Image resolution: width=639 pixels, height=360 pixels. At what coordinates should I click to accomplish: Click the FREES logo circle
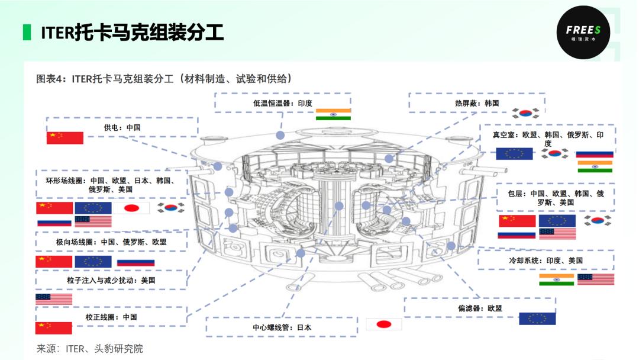(583, 32)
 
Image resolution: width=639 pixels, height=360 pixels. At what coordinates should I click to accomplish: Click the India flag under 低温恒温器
(333, 114)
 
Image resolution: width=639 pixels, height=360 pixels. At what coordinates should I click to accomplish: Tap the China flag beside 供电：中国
(65, 138)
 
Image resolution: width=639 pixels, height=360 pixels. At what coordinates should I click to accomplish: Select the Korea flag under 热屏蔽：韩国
(525, 113)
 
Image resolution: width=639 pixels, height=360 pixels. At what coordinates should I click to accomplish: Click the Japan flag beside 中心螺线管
(384, 324)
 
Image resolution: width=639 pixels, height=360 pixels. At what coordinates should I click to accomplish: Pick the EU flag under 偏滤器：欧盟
(537, 319)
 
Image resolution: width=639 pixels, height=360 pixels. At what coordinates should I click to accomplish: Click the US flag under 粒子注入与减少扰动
(54, 299)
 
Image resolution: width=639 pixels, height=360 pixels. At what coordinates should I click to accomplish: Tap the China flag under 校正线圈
(53, 328)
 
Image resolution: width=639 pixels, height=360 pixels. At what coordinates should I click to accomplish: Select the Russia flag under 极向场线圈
(135, 262)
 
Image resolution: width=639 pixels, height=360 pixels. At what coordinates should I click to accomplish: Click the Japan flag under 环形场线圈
(131, 208)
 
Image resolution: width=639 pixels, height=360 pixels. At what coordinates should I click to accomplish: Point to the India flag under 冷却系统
(556, 279)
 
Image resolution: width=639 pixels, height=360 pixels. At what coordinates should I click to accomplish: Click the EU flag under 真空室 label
(514, 154)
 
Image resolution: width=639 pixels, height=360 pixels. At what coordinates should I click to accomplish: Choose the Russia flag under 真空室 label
(595, 154)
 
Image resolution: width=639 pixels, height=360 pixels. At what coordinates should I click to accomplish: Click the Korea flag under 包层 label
(598, 221)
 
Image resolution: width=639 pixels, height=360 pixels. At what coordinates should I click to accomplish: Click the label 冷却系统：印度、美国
(546, 261)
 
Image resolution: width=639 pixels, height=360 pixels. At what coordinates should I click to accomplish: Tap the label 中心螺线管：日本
(282, 327)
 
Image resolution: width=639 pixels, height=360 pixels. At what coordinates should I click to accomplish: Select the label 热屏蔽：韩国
(477, 103)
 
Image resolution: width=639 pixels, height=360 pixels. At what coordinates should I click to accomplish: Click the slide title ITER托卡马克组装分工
(133, 33)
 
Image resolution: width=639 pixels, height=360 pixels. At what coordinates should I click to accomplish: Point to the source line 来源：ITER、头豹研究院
(90, 349)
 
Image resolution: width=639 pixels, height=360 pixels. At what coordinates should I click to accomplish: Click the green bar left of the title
(27, 33)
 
